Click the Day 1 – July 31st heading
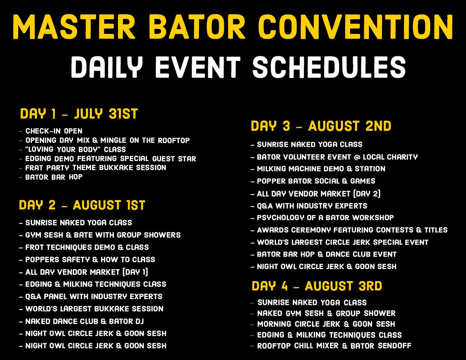[x=79, y=114]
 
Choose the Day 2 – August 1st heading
[x=82, y=205]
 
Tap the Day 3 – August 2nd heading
[x=321, y=126]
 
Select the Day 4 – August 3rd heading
[x=316, y=286]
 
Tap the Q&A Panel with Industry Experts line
[x=94, y=296]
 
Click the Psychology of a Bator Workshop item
[x=325, y=217]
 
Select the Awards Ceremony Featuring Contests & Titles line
[x=352, y=230]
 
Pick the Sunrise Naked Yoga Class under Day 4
[x=312, y=303]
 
